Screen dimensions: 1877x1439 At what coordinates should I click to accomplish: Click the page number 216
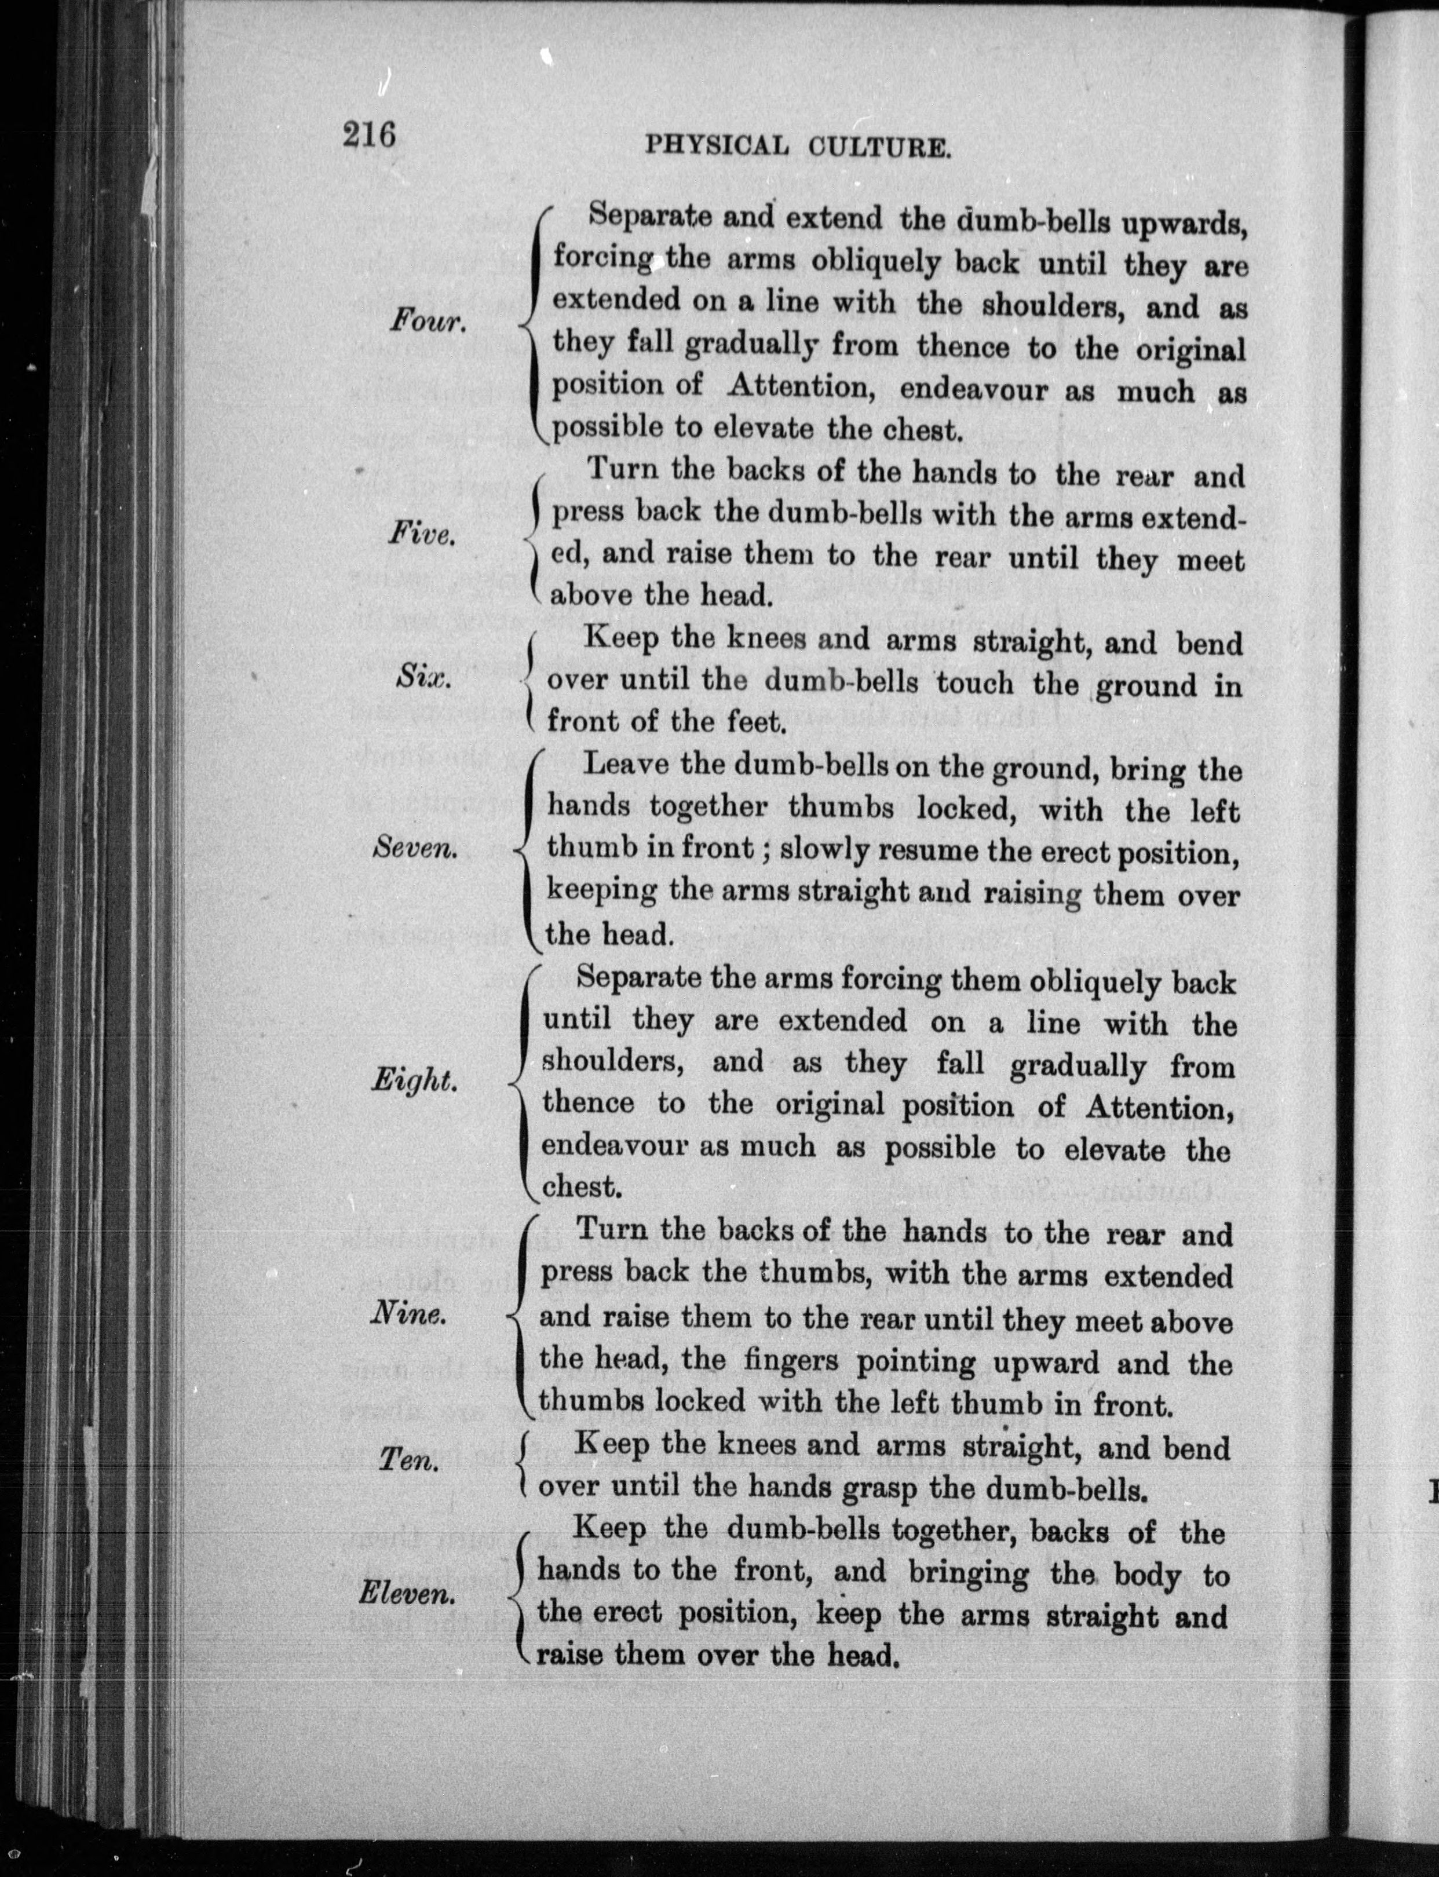(x=369, y=136)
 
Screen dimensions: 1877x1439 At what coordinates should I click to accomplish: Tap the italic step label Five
(x=421, y=535)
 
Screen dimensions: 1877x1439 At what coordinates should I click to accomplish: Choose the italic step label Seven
(x=415, y=848)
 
